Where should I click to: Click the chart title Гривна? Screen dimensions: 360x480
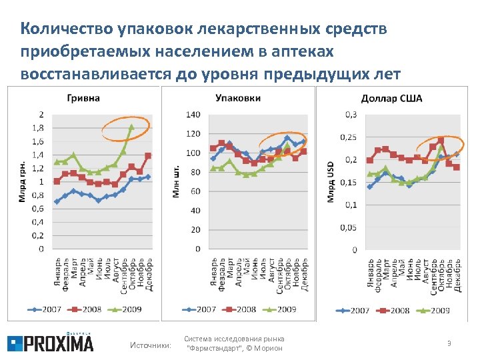click(84, 98)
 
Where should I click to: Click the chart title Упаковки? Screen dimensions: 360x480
click(238, 98)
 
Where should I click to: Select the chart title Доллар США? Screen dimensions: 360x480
click(391, 99)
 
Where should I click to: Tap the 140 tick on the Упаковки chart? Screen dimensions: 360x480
click(193, 115)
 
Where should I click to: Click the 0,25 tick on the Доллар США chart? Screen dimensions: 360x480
click(347, 137)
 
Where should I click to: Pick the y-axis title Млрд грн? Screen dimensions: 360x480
click(23, 181)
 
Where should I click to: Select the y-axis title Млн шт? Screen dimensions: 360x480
click(177, 181)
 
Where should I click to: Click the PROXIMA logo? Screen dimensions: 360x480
click(51, 343)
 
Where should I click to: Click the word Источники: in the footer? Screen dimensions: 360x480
click(150, 345)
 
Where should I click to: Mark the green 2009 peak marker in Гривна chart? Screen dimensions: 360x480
click(131, 126)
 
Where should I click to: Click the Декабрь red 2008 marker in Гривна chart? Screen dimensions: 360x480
click(148, 155)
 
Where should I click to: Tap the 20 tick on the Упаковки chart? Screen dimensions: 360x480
click(195, 230)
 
